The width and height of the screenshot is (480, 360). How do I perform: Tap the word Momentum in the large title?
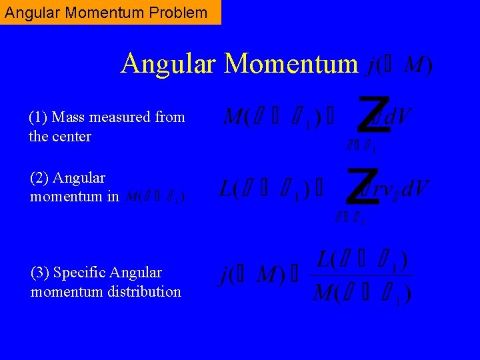(291, 64)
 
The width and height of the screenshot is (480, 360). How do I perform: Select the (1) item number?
(38, 117)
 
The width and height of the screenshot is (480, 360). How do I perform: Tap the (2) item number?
(39, 178)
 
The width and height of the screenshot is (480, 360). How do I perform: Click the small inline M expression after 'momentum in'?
(155, 197)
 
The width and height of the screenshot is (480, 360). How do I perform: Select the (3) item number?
(40, 273)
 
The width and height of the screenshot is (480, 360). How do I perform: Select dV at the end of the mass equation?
(398, 118)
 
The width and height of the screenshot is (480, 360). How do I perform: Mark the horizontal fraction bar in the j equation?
(361, 275)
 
